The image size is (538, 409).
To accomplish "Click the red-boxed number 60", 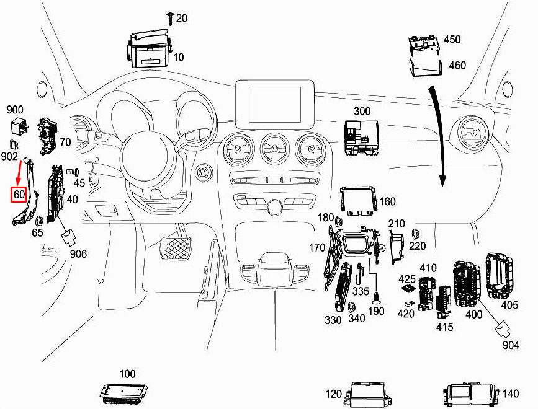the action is click(x=19, y=195).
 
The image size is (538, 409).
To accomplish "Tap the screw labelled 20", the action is click(x=170, y=18).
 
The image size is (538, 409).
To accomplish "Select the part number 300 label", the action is click(x=362, y=111).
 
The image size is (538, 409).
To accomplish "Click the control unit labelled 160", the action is click(x=357, y=200).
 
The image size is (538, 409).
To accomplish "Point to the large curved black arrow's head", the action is click(x=442, y=180).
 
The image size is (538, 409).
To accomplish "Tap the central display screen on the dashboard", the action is click(x=275, y=104).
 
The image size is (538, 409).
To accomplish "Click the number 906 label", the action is click(x=78, y=254).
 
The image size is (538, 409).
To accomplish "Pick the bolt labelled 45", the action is click(x=73, y=170).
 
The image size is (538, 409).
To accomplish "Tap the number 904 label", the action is click(x=511, y=345).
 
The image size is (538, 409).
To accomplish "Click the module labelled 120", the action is click(x=368, y=395).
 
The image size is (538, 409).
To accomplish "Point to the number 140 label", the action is click(x=511, y=394).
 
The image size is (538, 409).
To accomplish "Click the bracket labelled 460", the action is click(x=426, y=68).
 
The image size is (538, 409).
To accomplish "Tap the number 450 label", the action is click(x=452, y=40).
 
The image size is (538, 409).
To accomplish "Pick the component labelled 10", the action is click(x=150, y=48).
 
